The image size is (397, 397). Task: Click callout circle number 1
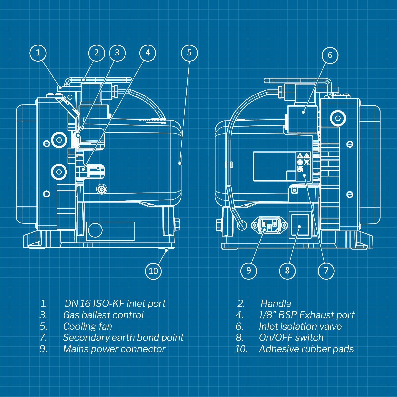point(38,53)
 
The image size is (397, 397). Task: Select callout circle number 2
point(96,53)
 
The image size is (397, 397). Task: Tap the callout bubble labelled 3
point(117,53)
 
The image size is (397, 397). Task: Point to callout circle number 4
point(148,53)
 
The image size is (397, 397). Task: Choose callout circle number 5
point(189,53)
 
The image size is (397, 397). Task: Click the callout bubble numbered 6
point(330,55)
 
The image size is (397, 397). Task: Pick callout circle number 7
point(326,271)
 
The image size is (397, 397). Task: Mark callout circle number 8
point(287,271)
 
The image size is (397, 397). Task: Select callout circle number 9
point(248,271)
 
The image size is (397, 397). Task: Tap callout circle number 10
point(153,271)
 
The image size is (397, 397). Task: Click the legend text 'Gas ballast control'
point(103,315)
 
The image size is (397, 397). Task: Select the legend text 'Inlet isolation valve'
point(300,327)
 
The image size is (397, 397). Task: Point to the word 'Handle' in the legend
point(276,304)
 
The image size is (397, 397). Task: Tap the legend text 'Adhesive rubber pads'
point(306,349)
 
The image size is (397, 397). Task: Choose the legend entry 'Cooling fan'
point(87,327)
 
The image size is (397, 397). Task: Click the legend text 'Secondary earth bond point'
point(123,338)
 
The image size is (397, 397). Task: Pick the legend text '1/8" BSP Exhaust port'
point(306,315)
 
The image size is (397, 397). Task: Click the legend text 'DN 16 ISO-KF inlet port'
point(115,304)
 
